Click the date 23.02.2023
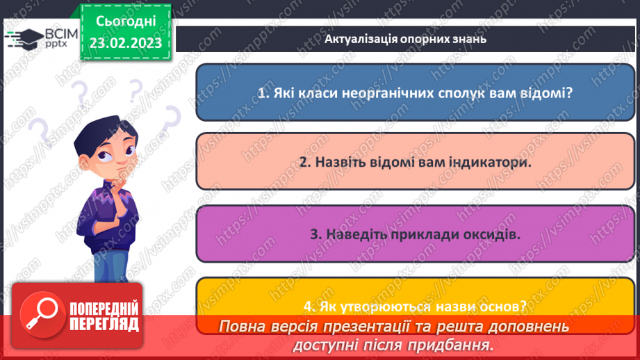coord(125,42)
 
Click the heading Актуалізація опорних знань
coord(405,39)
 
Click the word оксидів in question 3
coord(497,234)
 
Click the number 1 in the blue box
coord(261,92)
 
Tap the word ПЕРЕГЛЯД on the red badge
coord(105,323)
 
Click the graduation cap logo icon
coord(24,37)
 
